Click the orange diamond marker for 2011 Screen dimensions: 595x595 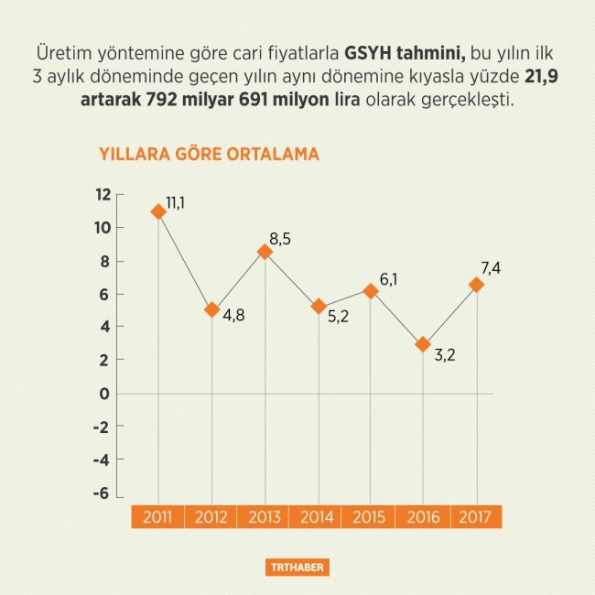(x=158, y=211)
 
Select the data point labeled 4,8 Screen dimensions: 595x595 (x=212, y=309)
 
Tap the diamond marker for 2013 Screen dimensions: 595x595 (x=265, y=252)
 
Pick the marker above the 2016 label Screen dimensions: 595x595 (x=422, y=344)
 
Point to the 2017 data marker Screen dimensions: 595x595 (x=476, y=285)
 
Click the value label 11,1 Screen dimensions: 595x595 (x=176, y=201)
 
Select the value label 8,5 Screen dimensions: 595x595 (x=280, y=239)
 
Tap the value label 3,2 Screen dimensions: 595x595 (x=444, y=355)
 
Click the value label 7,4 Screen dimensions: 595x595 (x=490, y=267)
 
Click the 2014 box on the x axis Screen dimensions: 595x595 (x=316, y=517)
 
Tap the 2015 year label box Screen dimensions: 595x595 (x=369, y=517)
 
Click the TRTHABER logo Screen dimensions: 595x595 (x=297, y=568)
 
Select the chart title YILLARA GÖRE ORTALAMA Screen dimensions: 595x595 (x=209, y=155)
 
